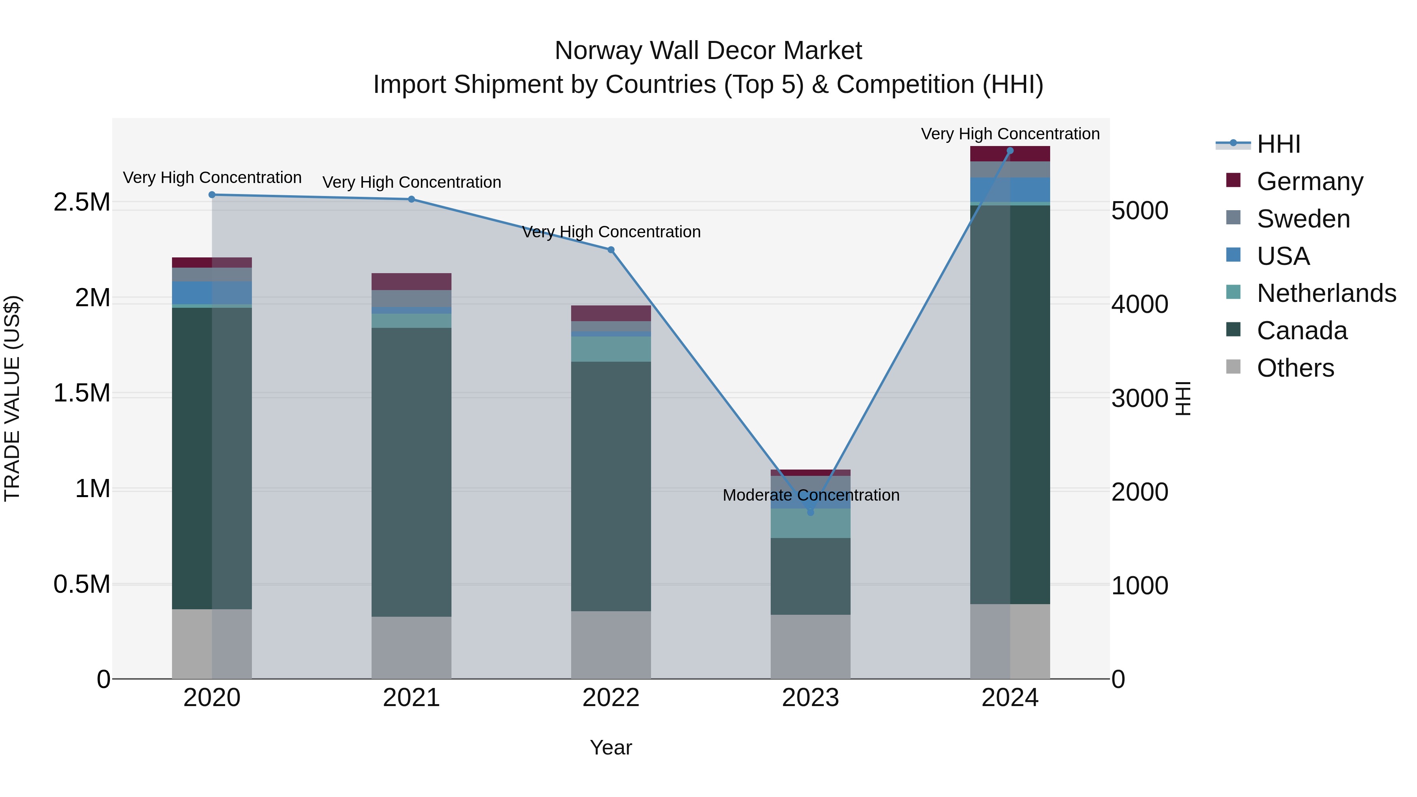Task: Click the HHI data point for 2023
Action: pyautogui.click(x=810, y=512)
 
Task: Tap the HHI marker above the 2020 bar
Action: pyautogui.click(x=212, y=195)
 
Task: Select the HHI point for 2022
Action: pyautogui.click(x=610, y=250)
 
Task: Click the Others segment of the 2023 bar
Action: pyautogui.click(x=810, y=646)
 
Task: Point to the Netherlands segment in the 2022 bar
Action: pyautogui.click(x=610, y=349)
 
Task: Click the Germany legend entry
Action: pyautogui.click(x=1309, y=181)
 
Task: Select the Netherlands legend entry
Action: pyautogui.click(x=1326, y=293)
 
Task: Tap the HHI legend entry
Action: pyautogui.click(x=1278, y=144)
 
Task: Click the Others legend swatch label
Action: pyautogui.click(x=1295, y=368)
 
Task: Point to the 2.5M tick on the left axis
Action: pyautogui.click(x=81, y=202)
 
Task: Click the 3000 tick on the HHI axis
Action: pyautogui.click(x=1139, y=398)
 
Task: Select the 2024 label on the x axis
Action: pyautogui.click(x=1010, y=698)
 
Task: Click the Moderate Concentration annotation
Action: pyautogui.click(x=811, y=495)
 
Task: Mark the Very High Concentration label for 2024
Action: pyautogui.click(x=1010, y=134)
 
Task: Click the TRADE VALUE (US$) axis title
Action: pyautogui.click(x=12, y=398)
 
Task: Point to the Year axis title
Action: pyautogui.click(x=610, y=747)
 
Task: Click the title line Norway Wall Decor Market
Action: pyautogui.click(x=708, y=51)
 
